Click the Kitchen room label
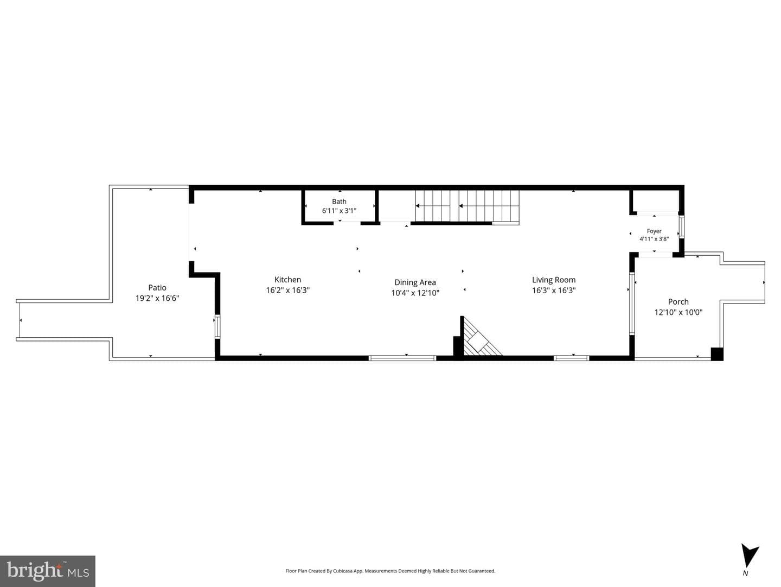(x=287, y=280)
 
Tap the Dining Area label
(x=415, y=282)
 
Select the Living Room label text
(x=554, y=280)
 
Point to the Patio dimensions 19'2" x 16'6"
(x=157, y=298)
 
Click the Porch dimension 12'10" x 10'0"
(x=678, y=312)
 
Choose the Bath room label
(x=339, y=201)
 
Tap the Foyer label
(x=654, y=231)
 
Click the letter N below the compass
(x=745, y=573)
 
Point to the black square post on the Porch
(x=717, y=354)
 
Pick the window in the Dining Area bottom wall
(x=402, y=358)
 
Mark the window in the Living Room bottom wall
(x=571, y=358)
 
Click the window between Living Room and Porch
(x=632, y=304)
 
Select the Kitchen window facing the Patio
(x=217, y=326)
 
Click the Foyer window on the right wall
(x=681, y=227)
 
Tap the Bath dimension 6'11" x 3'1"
(x=339, y=211)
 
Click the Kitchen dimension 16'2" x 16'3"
(x=287, y=291)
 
